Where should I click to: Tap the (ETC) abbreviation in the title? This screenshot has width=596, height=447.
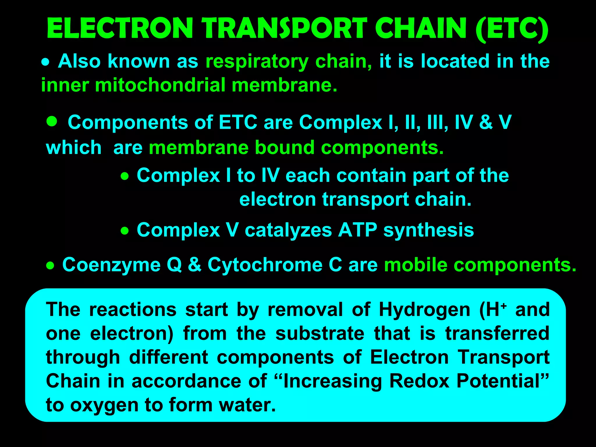512,29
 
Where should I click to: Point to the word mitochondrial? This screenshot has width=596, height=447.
160,85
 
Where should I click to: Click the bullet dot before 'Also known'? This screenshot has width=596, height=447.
45,62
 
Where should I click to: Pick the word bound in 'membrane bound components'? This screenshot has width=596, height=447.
285,147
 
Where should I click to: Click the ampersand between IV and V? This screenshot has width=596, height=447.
486,122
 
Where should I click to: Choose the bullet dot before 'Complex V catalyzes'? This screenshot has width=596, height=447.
125,231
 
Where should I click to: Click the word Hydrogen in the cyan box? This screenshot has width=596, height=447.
425,310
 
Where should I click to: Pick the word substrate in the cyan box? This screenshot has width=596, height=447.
320,334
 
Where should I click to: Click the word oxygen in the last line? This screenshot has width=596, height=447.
104,405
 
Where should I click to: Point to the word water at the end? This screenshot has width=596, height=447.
247,405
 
